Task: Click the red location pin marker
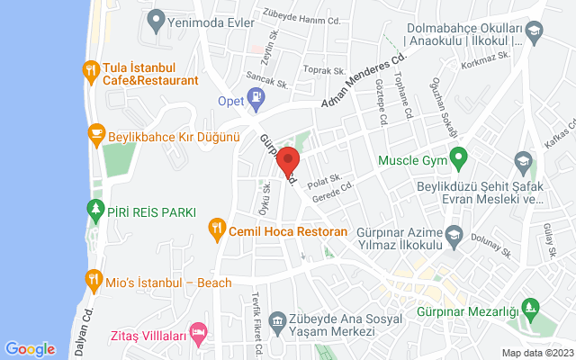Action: (288, 162)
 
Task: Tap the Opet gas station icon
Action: (256, 101)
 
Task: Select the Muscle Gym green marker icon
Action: (457, 161)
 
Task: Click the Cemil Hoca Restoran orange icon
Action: (216, 231)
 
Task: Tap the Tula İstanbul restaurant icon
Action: (90, 70)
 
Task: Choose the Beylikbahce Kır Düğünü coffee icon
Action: (94, 137)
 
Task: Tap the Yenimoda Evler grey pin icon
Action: (157, 18)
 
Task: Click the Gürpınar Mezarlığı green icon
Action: (533, 310)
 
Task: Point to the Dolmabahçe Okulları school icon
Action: (534, 34)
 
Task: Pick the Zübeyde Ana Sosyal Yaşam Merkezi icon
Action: (276, 319)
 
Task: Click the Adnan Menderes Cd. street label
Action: (361, 83)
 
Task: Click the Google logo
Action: (30, 349)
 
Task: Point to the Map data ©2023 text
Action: (536, 353)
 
